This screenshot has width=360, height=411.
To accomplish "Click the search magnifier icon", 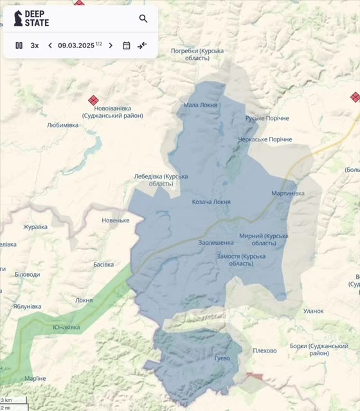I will [143, 19].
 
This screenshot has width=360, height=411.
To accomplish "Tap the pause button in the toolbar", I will [19, 46].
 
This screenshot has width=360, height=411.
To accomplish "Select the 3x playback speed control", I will [35, 46].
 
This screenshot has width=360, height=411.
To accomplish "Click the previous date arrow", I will [50, 46].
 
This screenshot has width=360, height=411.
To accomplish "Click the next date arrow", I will [111, 46].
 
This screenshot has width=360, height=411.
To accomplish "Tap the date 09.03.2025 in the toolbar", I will [76, 46].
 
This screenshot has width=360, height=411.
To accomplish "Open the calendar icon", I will [127, 46].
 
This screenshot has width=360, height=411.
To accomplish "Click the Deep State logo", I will [32, 18].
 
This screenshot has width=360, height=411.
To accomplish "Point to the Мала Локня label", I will [201, 105].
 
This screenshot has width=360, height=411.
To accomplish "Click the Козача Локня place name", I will [212, 202].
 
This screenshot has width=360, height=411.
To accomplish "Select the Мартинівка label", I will [287, 193].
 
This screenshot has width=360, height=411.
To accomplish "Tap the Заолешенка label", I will [216, 242].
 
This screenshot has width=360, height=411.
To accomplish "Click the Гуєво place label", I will [221, 358].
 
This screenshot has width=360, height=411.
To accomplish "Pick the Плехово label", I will [265, 351].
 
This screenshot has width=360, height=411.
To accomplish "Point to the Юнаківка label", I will [66, 328].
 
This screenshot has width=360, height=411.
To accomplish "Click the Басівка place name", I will [104, 264].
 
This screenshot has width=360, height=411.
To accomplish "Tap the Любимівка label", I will [63, 125].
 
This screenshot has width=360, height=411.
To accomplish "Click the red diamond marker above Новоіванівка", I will [94, 100].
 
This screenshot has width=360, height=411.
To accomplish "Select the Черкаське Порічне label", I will [265, 139].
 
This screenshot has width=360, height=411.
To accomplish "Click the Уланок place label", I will [314, 311].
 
